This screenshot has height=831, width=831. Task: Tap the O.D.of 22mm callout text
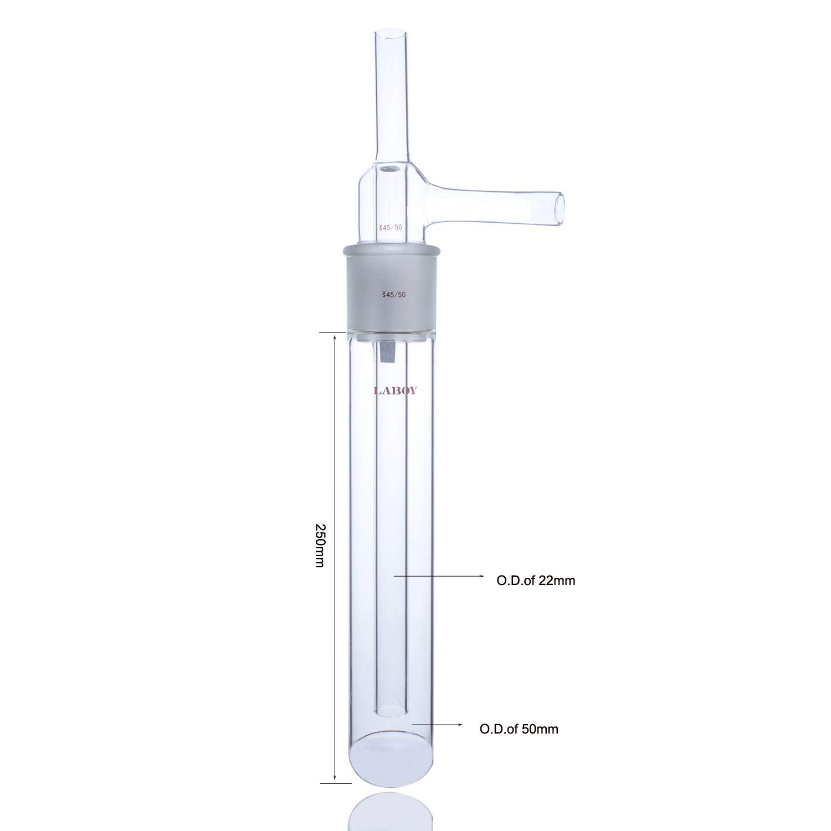pyautogui.click(x=535, y=581)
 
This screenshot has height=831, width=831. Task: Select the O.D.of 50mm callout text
pyautogui.click(x=519, y=729)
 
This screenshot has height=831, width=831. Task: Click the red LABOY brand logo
pyautogui.click(x=395, y=391)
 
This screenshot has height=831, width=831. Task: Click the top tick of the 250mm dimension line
pyautogui.click(x=335, y=332)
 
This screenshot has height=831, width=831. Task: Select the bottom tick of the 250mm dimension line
pyautogui.click(x=335, y=783)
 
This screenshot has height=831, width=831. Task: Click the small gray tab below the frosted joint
pyautogui.click(x=386, y=352)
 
